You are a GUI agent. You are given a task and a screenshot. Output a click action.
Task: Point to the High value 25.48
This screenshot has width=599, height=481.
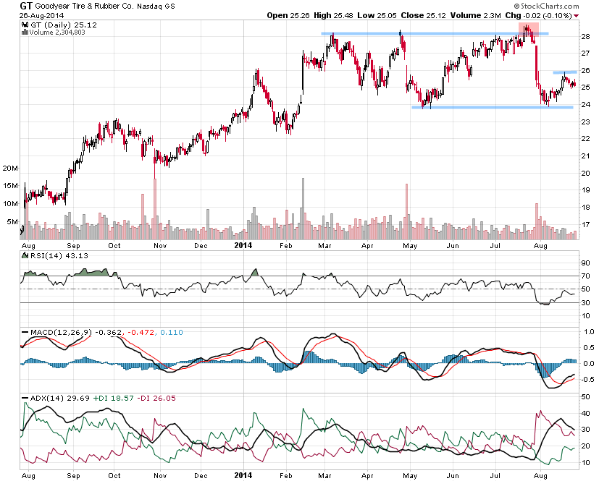tap(346, 15)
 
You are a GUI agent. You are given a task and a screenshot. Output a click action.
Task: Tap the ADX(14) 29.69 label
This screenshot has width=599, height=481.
tap(49, 397)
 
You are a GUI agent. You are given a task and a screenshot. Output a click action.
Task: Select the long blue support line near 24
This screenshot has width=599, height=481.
tap(492, 107)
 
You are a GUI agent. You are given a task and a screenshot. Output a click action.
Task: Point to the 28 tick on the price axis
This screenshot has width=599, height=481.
tap(585, 36)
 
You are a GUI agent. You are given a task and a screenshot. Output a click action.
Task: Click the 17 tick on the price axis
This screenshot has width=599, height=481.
tap(585, 224)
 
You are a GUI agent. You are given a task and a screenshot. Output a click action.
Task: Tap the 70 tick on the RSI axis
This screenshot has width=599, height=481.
tap(585, 276)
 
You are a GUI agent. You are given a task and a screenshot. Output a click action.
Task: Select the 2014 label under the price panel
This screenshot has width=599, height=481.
tap(243, 245)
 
